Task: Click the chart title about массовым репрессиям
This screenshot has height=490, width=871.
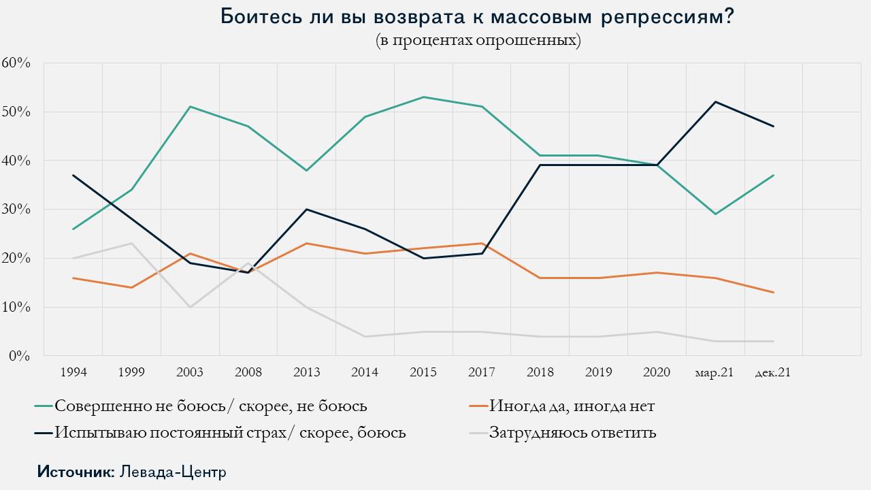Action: coord(477,16)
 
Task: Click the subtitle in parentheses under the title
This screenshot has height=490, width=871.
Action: coord(478,40)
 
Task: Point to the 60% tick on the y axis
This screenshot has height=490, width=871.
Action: coord(16,63)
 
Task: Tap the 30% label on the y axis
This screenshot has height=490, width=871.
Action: coord(16,209)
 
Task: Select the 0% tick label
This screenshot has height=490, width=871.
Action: coord(20,355)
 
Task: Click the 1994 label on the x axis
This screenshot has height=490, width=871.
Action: coord(73,372)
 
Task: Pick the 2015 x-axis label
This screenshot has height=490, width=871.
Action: coord(423,372)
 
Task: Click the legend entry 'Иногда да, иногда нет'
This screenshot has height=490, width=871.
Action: coord(572,407)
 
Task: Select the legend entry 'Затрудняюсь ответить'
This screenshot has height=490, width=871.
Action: coord(572,432)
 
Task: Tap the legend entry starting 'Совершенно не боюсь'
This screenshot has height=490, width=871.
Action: coord(211,407)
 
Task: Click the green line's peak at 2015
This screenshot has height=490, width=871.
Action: coord(423,97)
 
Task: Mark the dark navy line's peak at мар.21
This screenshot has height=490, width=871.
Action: coord(715,102)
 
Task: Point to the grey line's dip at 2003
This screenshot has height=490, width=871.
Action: coord(190,307)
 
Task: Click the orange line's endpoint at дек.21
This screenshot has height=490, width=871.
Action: coord(773,293)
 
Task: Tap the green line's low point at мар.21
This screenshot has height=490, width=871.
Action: coord(715,214)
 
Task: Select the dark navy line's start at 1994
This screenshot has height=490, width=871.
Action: coord(73,175)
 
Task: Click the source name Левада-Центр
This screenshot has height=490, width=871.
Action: coord(173,472)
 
